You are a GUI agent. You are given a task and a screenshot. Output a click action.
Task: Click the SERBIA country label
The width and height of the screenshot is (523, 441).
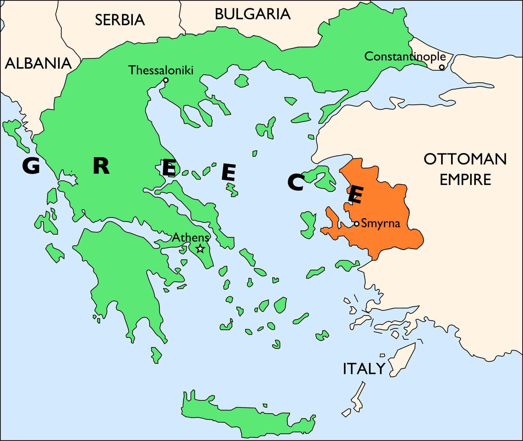tap(120, 20)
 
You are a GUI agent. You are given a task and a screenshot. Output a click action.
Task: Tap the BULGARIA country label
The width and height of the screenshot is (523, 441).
tap(253, 14)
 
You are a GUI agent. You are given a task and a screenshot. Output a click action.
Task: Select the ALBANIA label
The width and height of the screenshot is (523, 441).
tap(38, 63)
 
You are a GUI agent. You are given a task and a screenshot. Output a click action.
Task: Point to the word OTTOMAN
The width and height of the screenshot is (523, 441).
tap(465, 159)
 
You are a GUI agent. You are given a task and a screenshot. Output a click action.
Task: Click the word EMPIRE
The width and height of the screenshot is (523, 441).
tap(465, 180)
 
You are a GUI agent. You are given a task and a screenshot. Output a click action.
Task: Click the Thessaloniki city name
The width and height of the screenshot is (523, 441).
tap(161, 70)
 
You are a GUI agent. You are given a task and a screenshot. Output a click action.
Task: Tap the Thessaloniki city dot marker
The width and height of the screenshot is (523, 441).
tap(166, 80)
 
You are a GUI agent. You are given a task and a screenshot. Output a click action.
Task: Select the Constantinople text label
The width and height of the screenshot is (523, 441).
tap(405, 57)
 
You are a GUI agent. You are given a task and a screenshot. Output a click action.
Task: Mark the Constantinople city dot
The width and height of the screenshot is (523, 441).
tap(442, 67)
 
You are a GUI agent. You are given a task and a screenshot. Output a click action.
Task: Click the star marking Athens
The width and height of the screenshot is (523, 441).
tap(200, 248)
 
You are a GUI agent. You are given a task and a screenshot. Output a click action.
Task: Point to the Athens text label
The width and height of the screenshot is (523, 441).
tap(190, 238)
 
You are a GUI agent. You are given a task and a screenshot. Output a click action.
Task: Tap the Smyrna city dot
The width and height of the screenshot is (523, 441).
tap(357, 224)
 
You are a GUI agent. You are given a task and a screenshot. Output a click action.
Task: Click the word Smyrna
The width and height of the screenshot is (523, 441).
tap(381, 224)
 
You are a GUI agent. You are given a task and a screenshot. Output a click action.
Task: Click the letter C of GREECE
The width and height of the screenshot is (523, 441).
tap(296, 183)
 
